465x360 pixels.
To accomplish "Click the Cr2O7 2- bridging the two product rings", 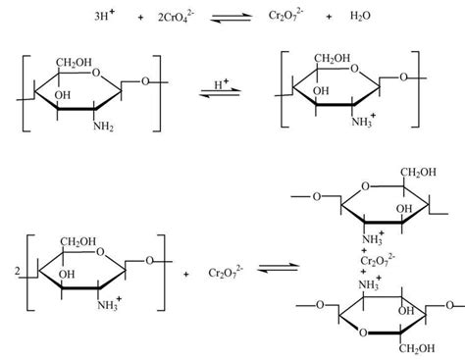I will point(376,259).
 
